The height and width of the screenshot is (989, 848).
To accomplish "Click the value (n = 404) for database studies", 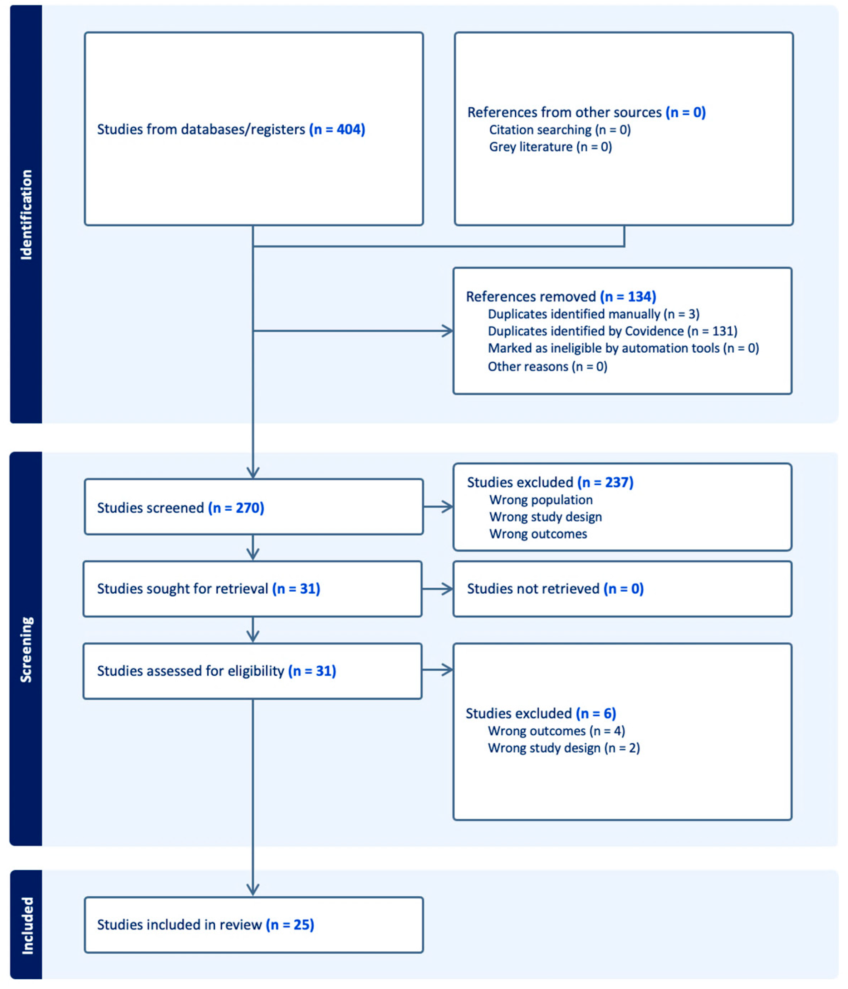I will pos(337,129).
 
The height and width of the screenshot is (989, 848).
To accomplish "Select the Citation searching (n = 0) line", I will pos(559,130).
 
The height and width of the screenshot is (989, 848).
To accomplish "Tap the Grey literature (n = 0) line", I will pos(550,147).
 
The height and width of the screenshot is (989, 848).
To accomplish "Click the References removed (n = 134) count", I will pos(628,297).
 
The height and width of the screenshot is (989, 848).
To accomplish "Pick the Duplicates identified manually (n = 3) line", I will pos(593,314).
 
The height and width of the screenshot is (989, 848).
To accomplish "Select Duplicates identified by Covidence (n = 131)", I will pos(612,331).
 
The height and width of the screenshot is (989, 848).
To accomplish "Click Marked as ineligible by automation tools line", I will pos(623,348).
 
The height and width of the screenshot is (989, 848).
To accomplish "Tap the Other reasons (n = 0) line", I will pos(547,367).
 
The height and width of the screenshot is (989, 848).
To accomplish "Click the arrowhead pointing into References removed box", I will pos(448,331).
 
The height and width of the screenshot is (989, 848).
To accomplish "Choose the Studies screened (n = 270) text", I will pos(180,508).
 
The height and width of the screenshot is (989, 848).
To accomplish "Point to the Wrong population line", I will pos(541,500).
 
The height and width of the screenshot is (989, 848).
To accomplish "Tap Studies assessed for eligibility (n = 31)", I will pos(216,671).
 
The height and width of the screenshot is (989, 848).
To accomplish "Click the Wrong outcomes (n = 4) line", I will pos(556,731).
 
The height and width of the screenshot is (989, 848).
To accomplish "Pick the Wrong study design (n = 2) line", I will pos(564,748).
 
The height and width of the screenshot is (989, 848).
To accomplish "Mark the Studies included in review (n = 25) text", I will pos(205,925).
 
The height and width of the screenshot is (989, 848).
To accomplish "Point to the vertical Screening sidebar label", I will pos(26,650).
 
